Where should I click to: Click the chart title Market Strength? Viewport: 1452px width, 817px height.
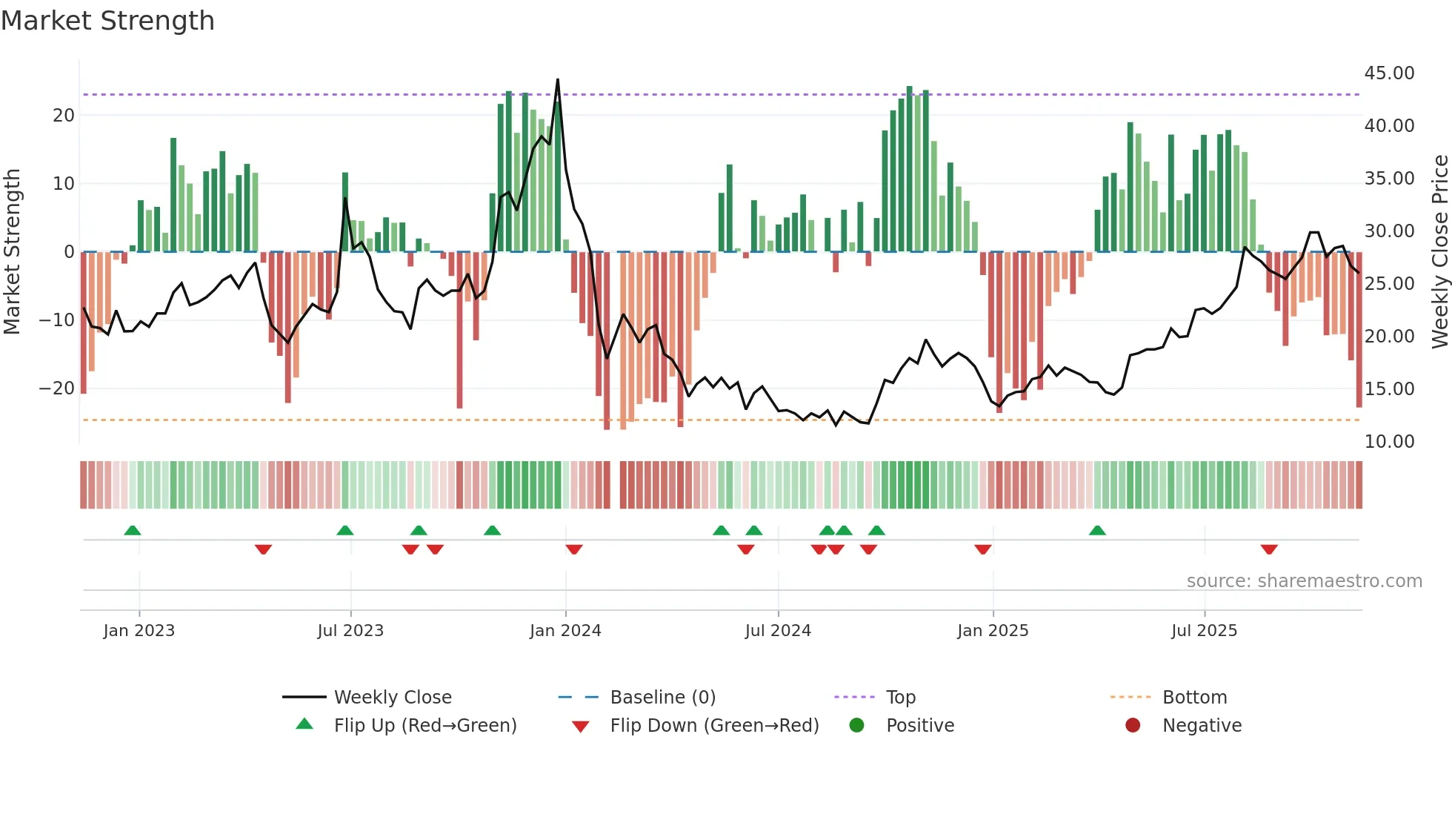[107, 21]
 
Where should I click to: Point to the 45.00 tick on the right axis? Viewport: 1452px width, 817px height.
[1389, 73]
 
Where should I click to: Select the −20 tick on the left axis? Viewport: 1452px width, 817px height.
[56, 388]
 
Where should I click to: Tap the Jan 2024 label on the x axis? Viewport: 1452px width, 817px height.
[565, 631]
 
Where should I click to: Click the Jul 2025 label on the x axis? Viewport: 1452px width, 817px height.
[1204, 631]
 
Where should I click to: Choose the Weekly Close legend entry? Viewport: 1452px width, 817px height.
[392, 698]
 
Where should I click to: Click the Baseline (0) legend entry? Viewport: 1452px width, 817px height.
[662, 698]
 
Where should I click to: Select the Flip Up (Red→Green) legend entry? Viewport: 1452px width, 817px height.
[424, 726]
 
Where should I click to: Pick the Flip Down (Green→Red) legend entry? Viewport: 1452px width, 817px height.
[714, 726]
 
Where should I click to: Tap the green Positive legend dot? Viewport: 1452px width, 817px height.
[856, 726]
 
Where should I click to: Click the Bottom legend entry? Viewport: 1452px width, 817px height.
[1194, 698]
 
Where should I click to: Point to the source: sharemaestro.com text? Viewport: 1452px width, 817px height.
[1304, 581]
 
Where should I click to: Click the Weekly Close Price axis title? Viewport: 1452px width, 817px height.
[1439, 252]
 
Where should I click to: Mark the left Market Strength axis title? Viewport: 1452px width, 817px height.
[13, 252]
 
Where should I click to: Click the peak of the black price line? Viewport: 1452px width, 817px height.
[558, 80]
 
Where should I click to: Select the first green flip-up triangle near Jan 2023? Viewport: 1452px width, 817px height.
[133, 530]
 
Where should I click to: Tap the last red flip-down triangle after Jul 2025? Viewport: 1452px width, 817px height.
[1269, 549]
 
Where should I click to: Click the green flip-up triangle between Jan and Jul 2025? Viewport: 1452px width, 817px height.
[1097, 530]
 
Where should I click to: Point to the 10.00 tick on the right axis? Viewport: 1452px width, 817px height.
[1389, 442]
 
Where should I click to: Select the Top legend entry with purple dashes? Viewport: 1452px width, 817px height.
[900, 698]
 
